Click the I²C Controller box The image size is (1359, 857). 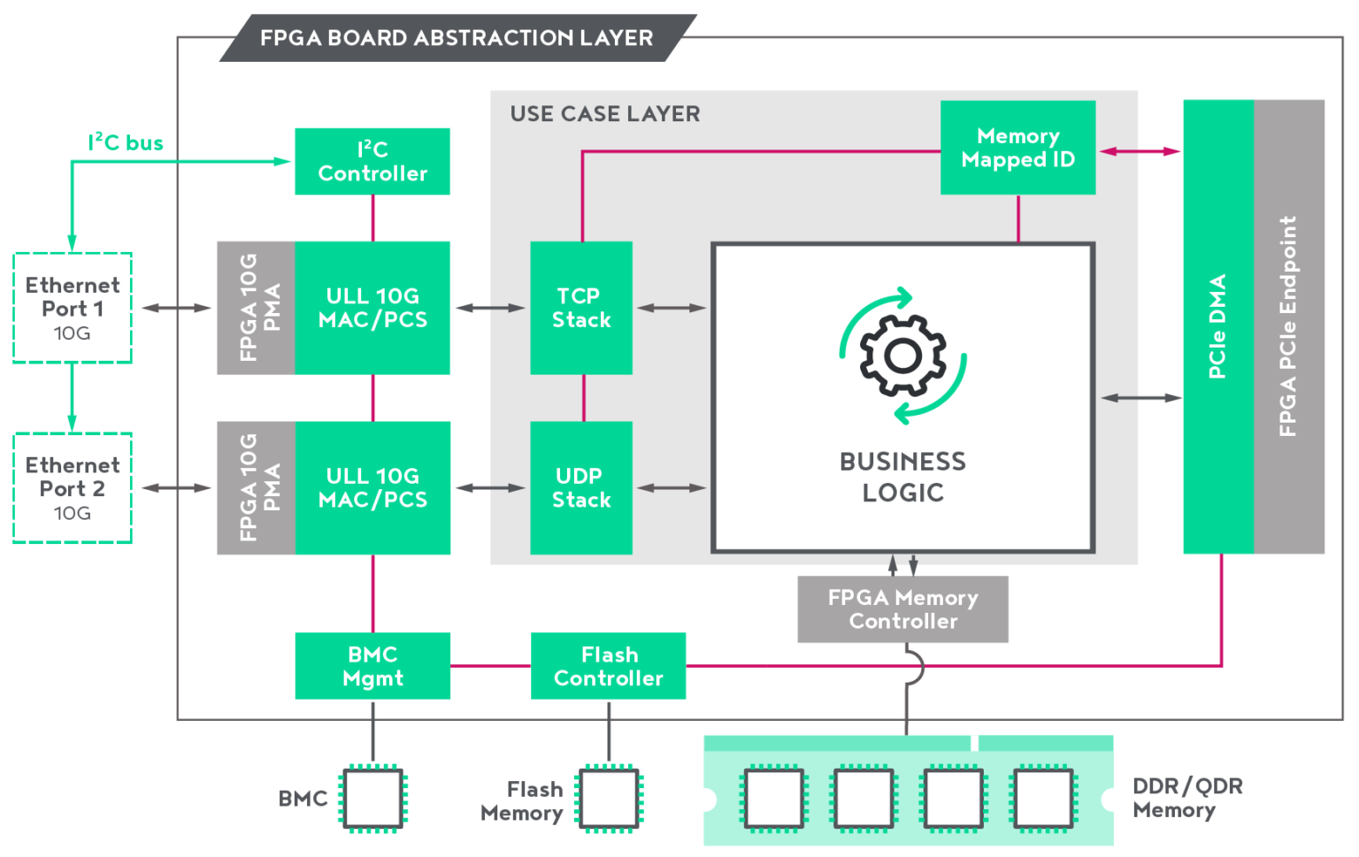click(x=372, y=161)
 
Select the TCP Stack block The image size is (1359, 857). click(x=581, y=308)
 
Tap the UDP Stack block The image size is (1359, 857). click(x=581, y=487)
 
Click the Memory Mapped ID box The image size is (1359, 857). click(x=1017, y=148)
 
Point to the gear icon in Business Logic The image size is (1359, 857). click(x=902, y=356)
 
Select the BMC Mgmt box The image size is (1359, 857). click(x=372, y=666)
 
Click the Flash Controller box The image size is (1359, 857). click(x=609, y=666)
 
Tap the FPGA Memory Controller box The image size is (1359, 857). click(x=902, y=609)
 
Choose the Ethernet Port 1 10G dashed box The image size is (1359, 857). click(x=73, y=308)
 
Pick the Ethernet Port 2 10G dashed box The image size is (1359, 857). click(x=73, y=488)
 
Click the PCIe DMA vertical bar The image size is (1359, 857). click(x=1218, y=326)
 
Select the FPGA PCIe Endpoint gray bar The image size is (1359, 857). click(x=1289, y=326)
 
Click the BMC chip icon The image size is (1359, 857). click(x=372, y=798)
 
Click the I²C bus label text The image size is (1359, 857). click(x=126, y=142)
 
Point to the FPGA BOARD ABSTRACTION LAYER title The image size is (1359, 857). click(x=457, y=38)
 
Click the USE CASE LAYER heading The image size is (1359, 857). click(x=605, y=114)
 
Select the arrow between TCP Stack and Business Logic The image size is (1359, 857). click(x=672, y=308)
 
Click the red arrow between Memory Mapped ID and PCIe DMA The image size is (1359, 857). click(x=1140, y=151)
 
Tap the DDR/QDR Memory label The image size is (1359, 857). click(x=1186, y=798)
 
